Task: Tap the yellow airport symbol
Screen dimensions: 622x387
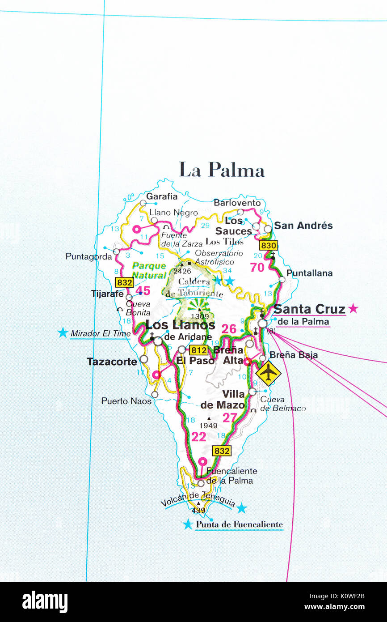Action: pos(268,373)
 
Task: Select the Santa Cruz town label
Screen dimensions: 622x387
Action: pos(309,309)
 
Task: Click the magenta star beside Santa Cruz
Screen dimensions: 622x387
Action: pos(353,308)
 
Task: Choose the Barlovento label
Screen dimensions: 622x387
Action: pos(237,203)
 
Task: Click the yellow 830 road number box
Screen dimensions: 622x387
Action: pos(269,245)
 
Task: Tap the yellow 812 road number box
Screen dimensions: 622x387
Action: pos(198,350)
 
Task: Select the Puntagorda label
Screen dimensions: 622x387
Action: pos(88,256)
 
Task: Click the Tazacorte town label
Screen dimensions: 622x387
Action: pos(112,362)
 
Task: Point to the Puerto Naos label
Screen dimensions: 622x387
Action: pos(126,401)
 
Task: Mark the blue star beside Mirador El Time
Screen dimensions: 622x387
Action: pos(63,332)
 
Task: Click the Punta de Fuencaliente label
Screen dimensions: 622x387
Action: pos(239,524)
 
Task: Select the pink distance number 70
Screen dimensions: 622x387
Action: pos(257,268)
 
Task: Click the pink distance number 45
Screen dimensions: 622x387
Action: pos(143,291)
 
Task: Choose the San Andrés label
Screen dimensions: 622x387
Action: pos(303,226)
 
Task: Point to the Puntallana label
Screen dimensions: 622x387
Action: pos(309,273)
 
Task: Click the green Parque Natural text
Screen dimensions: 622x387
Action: pos(149,270)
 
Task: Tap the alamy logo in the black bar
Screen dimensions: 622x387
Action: pos(45,601)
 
